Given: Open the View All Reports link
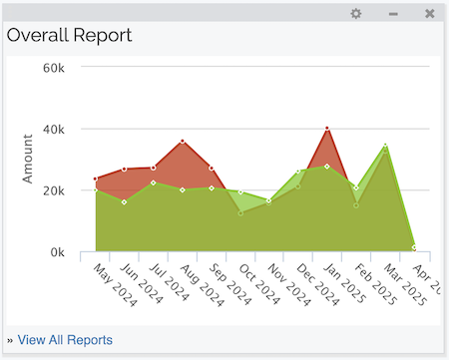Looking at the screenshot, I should [65, 340].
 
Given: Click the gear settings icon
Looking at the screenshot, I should [356, 14].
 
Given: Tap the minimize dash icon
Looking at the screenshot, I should [393, 14].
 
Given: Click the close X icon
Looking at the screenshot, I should [429, 14].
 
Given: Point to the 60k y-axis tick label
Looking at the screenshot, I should [52, 68].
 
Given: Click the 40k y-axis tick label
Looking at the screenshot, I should [52, 130].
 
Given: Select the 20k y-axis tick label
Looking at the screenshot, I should [52, 190].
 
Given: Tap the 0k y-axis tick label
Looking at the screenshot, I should [55, 252].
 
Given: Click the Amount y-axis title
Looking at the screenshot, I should [29, 160].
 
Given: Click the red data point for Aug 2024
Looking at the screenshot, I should [183, 142].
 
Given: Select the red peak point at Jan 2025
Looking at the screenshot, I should [327, 129].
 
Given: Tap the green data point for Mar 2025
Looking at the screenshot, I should [385, 146].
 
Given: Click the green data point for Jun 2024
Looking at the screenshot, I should [125, 202].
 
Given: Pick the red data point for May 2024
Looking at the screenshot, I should [96, 180].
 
